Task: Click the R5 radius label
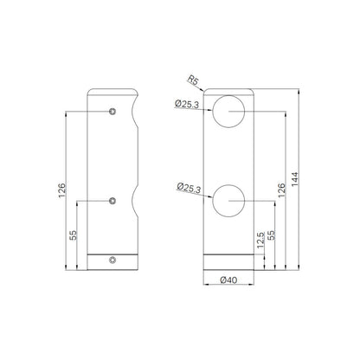193,80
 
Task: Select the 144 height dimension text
295,179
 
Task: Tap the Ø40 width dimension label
228,280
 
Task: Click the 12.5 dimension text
260,240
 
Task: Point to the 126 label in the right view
281,190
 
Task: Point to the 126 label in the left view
62,190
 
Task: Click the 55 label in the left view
74,235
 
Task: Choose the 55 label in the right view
272,235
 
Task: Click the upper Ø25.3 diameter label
187,104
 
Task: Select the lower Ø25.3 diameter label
189,188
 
